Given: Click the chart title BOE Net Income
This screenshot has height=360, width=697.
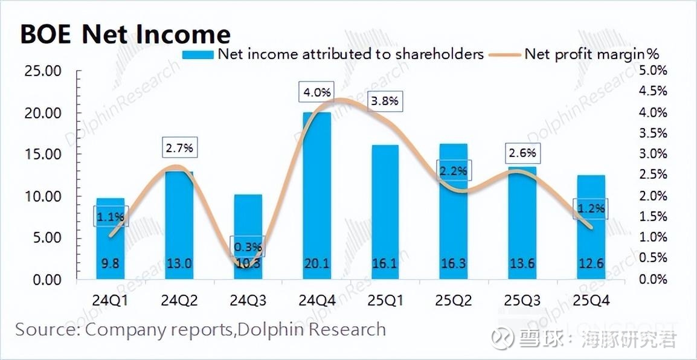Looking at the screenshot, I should (125, 34).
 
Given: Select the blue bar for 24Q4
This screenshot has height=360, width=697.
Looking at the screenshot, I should (316, 193).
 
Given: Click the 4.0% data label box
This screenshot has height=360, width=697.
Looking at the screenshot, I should (317, 93).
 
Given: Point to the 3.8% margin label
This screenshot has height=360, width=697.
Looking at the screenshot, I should (385, 101).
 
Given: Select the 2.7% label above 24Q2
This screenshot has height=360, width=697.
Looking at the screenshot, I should (179, 147).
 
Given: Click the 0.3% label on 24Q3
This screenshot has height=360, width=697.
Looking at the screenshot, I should (248, 246).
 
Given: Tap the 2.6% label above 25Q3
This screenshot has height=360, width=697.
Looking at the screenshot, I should (522, 153).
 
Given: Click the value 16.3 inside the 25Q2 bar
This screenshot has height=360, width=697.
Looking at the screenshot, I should (453, 263).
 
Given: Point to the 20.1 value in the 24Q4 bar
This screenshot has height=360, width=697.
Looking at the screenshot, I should (316, 263).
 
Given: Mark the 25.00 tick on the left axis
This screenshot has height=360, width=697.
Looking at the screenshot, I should (43, 71).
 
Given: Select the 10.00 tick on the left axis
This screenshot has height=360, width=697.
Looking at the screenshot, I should (43, 196).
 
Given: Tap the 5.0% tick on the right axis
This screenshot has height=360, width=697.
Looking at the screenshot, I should (654, 71).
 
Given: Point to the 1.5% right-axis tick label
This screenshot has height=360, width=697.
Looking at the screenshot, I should (654, 216).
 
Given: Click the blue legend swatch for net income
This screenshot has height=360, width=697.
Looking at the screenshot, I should (198, 54).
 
